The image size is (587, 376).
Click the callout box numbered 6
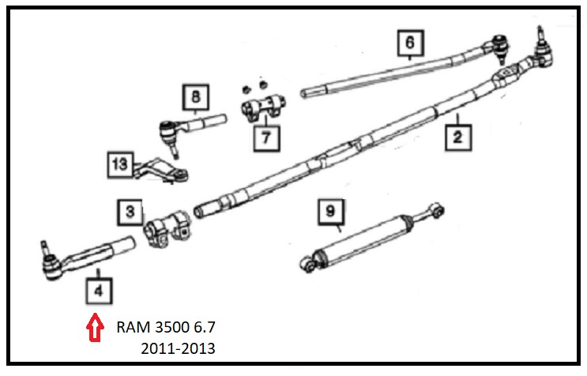click(409, 43)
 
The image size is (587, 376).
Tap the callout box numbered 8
click(195, 98)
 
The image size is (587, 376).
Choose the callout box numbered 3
click(130, 212)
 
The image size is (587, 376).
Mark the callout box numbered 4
click(98, 291)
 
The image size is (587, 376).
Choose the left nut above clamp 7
click(246, 85)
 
